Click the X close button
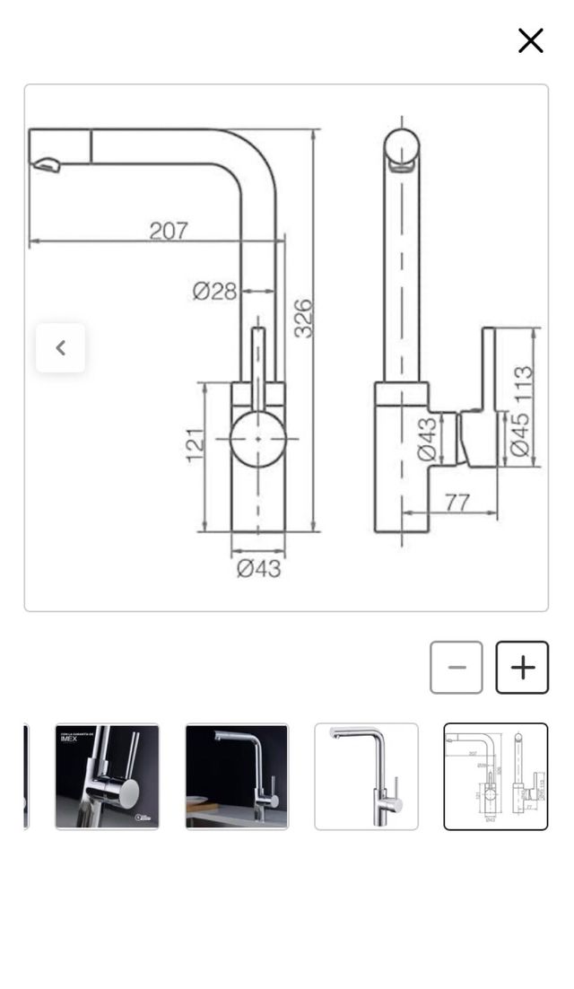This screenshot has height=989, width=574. pyautogui.click(x=530, y=40)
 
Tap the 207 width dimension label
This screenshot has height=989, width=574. pyautogui.click(x=169, y=231)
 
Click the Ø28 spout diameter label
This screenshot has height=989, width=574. pyautogui.click(x=214, y=291)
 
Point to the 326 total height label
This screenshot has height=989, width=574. pyautogui.click(x=304, y=319)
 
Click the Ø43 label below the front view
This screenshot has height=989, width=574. pyautogui.click(x=258, y=568)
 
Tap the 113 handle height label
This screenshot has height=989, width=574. pyautogui.click(x=523, y=383)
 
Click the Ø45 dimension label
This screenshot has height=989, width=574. pyautogui.click(x=520, y=435)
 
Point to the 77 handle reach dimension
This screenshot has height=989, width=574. pyautogui.click(x=457, y=502)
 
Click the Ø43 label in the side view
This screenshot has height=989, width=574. pyautogui.click(x=429, y=440)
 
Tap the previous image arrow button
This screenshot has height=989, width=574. pyautogui.click(x=61, y=348)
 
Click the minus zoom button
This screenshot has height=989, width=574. pyautogui.click(x=457, y=668)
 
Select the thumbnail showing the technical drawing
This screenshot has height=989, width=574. pyautogui.click(x=495, y=776)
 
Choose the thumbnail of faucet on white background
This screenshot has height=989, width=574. pyautogui.click(x=366, y=776)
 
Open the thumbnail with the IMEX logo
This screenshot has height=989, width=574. pyautogui.click(x=107, y=776)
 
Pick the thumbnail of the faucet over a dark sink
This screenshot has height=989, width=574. pyautogui.click(x=237, y=776)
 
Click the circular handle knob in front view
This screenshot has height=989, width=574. pyautogui.click(x=258, y=439)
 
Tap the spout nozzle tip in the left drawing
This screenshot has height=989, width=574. pyautogui.click(x=45, y=164)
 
